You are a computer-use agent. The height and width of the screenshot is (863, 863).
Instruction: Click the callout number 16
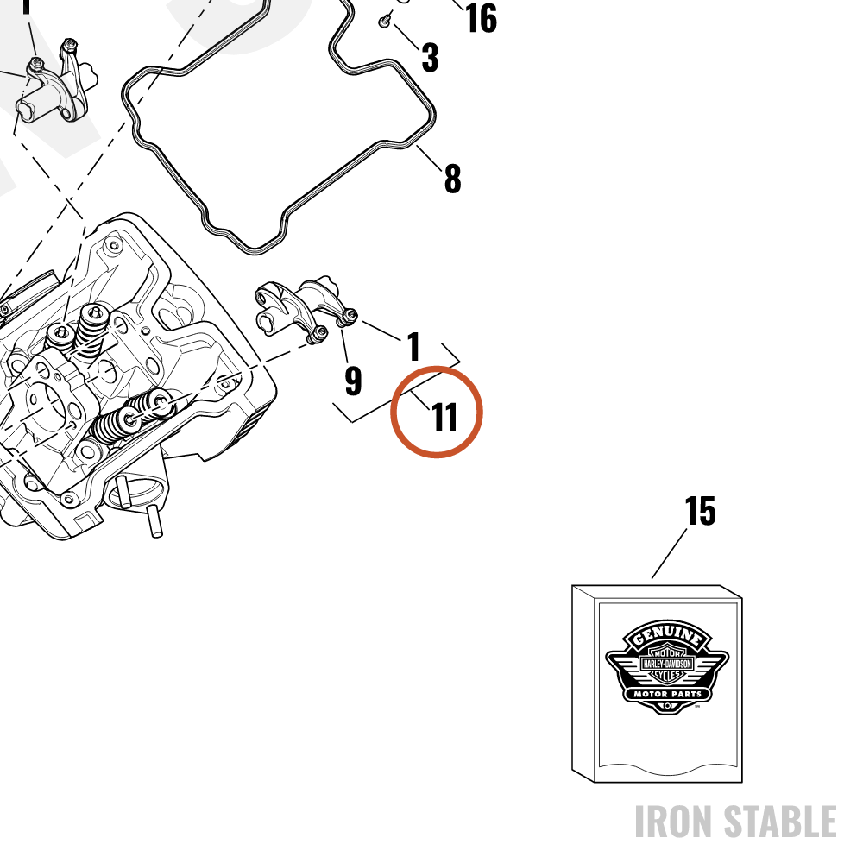[481, 18]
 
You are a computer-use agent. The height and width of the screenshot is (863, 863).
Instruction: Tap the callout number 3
[431, 57]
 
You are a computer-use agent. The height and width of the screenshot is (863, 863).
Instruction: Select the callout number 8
[452, 179]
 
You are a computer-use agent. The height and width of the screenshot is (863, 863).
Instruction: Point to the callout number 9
[353, 381]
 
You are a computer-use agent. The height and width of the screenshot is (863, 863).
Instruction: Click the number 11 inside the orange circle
[444, 417]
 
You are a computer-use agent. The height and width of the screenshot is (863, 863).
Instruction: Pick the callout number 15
[700, 511]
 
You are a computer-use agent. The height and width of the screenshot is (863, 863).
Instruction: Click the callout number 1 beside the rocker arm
[414, 346]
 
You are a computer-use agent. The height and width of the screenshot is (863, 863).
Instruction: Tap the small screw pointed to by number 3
[384, 21]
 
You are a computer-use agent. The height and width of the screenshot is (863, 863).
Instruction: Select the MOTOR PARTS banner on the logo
[667, 694]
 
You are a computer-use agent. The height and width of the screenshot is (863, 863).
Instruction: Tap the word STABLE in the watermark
[780, 822]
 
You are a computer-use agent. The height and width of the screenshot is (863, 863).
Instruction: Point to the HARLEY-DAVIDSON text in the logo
[667, 664]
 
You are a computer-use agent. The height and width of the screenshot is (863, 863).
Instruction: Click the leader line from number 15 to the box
[670, 554]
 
